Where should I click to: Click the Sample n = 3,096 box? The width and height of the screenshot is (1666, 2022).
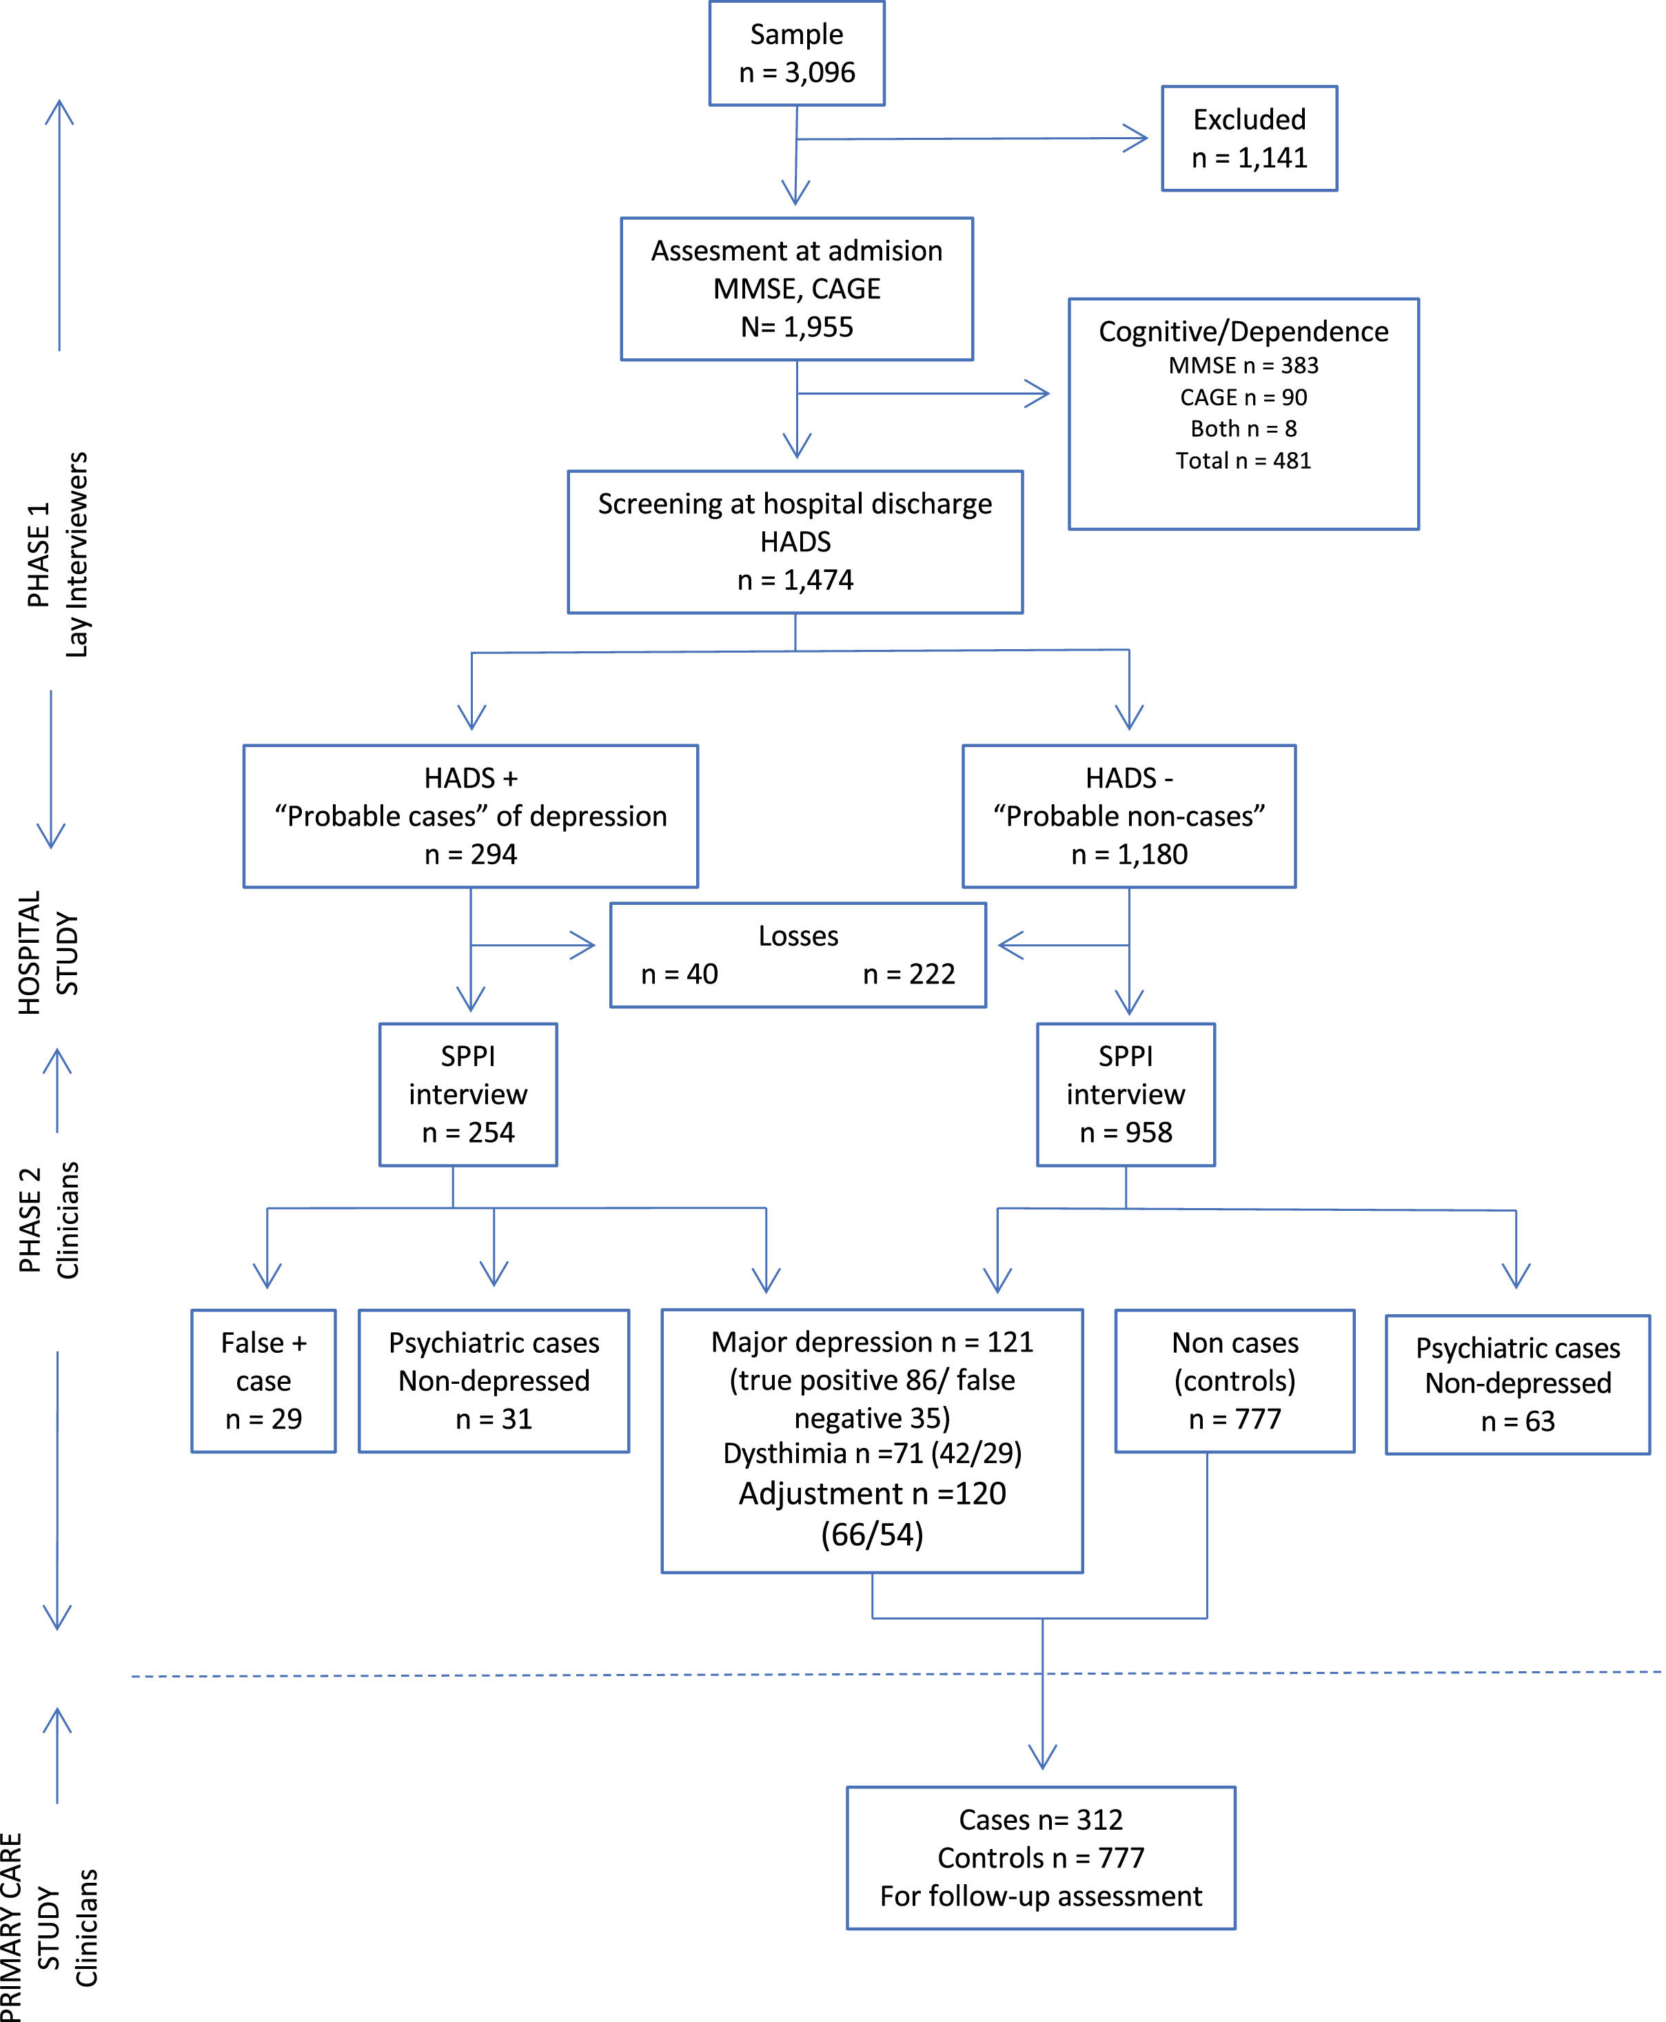click(797, 53)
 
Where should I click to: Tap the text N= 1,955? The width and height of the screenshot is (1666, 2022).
click(797, 327)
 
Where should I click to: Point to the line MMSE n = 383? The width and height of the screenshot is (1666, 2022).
click(1243, 366)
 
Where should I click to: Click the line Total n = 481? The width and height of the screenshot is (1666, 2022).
click(1243, 460)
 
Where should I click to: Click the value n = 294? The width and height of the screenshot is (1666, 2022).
click(470, 854)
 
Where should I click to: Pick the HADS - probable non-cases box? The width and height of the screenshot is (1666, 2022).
click(1128, 816)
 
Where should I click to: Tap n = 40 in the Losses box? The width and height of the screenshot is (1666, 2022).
click(680, 974)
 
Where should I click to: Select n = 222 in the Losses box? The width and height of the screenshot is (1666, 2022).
click(908, 974)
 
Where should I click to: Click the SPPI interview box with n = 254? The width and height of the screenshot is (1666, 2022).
click(468, 1094)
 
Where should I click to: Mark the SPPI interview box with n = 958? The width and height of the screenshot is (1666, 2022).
click(1126, 1094)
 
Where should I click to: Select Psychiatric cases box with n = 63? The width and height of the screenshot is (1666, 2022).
click(1517, 1384)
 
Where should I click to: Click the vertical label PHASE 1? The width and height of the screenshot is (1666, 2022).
click(39, 555)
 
